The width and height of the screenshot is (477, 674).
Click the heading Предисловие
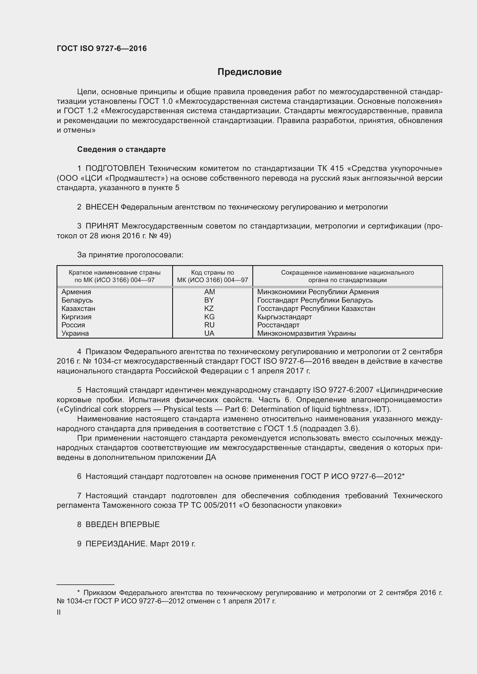[x=249, y=72]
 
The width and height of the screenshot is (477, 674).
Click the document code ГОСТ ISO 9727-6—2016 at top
[x=102, y=49]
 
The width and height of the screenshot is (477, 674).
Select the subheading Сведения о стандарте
[x=121, y=150]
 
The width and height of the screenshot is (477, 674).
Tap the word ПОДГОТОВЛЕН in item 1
[x=115, y=169]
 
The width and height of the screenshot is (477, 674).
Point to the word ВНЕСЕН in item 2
[x=102, y=207]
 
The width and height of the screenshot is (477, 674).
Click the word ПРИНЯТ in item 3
[x=102, y=226]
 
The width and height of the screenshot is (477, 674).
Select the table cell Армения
[x=76, y=292]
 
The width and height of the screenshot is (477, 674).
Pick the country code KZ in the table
[x=209, y=309]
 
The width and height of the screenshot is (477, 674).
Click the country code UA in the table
[x=209, y=333]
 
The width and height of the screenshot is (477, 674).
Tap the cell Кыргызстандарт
[x=284, y=317]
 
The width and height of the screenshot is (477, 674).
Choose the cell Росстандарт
[x=278, y=325]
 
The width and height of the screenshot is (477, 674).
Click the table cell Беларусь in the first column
[x=77, y=300]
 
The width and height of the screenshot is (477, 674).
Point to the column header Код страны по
[x=212, y=272]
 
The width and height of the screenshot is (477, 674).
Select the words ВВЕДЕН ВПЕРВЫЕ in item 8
[x=123, y=524]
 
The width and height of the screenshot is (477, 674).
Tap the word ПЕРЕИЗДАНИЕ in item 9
[x=116, y=544]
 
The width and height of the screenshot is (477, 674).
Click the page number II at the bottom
[x=59, y=612]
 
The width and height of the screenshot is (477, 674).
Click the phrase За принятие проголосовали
[x=130, y=255]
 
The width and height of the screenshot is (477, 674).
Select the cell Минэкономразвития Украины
[x=306, y=333]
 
